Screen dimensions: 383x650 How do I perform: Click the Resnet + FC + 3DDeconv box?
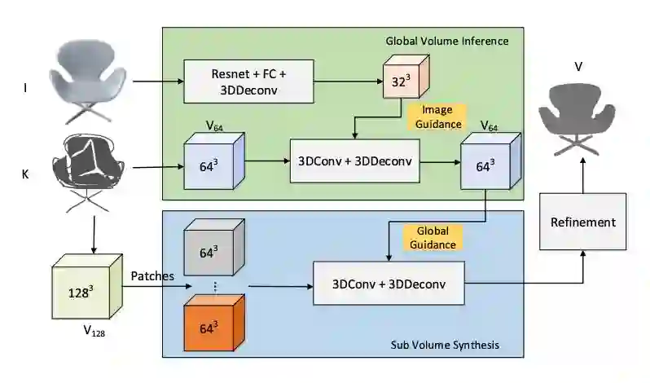click(248, 81)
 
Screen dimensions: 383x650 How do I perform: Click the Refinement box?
click(582, 222)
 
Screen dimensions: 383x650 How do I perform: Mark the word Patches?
click(152, 275)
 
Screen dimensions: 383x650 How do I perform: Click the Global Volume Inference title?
click(446, 41)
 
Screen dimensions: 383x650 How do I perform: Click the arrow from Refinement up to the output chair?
click(582, 175)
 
